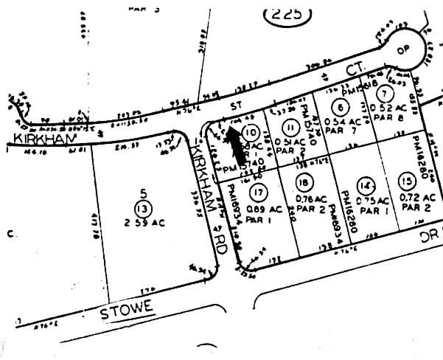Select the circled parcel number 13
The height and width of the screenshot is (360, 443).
pos(143,207)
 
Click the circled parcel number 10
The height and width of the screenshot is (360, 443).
pos(251,133)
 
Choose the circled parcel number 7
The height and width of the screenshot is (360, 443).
pos(383,94)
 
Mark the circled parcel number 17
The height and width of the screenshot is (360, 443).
pos(257,194)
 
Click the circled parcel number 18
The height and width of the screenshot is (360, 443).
pos(302,183)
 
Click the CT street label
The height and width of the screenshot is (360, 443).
pos(352,69)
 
